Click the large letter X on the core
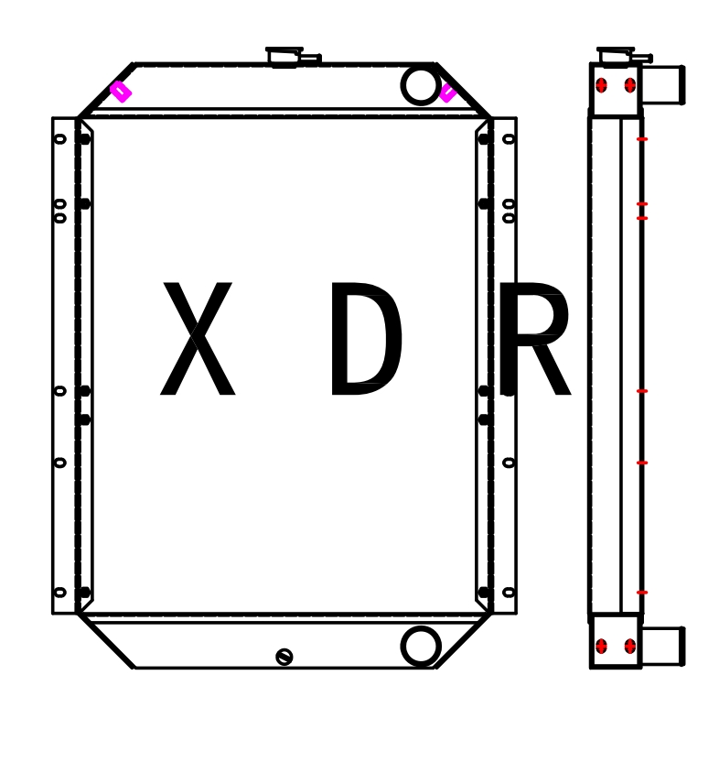(x=198, y=339)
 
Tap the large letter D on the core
(x=365, y=339)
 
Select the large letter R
(x=534, y=339)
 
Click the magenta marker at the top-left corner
(x=120, y=91)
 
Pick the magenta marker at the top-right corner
(x=447, y=93)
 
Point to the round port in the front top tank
(x=421, y=84)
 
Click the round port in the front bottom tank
(x=421, y=646)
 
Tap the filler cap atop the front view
(x=284, y=57)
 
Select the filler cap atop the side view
(x=616, y=57)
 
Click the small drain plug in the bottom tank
(x=284, y=657)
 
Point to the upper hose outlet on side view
(x=662, y=85)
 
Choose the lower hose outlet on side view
(x=662, y=646)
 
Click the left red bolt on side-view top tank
(x=601, y=85)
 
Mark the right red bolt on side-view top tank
(x=630, y=85)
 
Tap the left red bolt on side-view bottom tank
(x=601, y=646)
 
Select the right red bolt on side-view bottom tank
(x=630, y=646)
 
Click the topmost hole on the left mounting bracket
(x=60, y=139)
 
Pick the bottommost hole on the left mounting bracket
(x=60, y=592)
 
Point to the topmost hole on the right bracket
(x=509, y=139)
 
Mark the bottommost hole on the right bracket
(x=509, y=592)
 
